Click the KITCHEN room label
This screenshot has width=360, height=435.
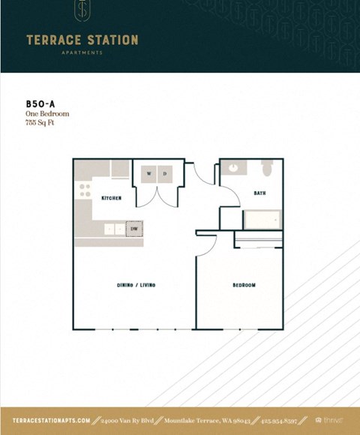(x=111, y=198)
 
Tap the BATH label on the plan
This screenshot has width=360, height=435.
(x=259, y=193)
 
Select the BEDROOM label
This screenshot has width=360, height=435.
(x=244, y=285)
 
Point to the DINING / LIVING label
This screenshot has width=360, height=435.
(x=136, y=285)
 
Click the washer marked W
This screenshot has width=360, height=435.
(x=148, y=174)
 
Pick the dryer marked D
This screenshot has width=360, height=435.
(x=164, y=174)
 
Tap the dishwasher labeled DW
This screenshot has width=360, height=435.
(x=134, y=229)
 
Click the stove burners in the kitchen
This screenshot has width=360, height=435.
(x=85, y=190)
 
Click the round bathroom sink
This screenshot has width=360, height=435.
(x=233, y=168)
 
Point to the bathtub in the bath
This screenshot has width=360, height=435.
(x=261, y=220)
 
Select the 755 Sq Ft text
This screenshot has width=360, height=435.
(x=40, y=122)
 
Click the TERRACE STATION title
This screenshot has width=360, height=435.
(x=82, y=40)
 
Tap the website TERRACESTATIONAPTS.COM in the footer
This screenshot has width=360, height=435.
(x=52, y=421)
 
